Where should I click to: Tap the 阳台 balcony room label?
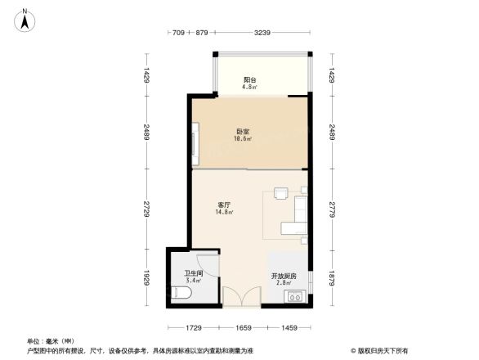click(x=249, y=79)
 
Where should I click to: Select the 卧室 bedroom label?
click(x=243, y=132)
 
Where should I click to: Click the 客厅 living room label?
click(x=224, y=205)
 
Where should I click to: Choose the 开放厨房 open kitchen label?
click(x=284, y=277)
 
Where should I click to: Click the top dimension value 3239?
click(x=262, y=32)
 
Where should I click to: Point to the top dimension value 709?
click(x=178, y=32)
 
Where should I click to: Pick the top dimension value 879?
click(x=203, y=32)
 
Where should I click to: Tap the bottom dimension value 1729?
click(x=193, y=327)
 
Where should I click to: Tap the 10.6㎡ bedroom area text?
click(x=243, y=139)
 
